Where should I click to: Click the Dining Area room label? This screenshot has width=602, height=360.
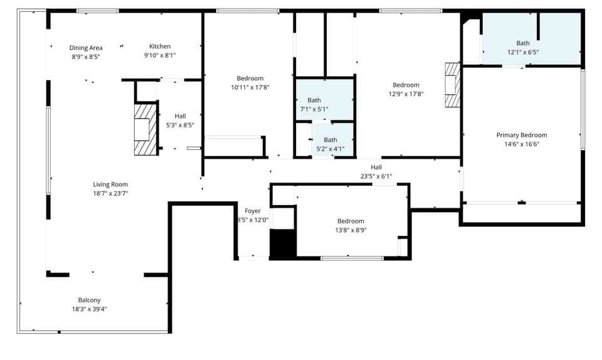coord(86,48)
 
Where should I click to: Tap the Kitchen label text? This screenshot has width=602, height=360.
coord(160,46)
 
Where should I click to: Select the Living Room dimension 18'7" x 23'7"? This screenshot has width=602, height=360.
coord(110,193)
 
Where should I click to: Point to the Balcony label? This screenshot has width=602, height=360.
coord(89,300)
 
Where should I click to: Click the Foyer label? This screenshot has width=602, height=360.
coord(252,211)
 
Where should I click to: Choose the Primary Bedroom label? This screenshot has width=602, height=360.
coord(521,135)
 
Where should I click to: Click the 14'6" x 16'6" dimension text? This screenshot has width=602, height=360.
coord(521,144)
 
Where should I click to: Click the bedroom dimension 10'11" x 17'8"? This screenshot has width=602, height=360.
coord(250,87)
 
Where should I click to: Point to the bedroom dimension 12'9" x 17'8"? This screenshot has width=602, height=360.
coord(406,94)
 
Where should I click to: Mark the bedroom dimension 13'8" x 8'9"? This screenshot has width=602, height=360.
coord(351,230)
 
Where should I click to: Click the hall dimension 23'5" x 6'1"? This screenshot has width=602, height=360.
coord(376,176)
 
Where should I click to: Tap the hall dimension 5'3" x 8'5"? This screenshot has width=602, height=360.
coord(180,125)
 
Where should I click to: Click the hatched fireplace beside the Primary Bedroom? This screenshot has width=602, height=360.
coord(452,85)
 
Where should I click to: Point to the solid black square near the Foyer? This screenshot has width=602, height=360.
coord(282,243)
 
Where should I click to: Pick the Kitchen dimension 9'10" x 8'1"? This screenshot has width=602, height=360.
coord(160,55)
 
